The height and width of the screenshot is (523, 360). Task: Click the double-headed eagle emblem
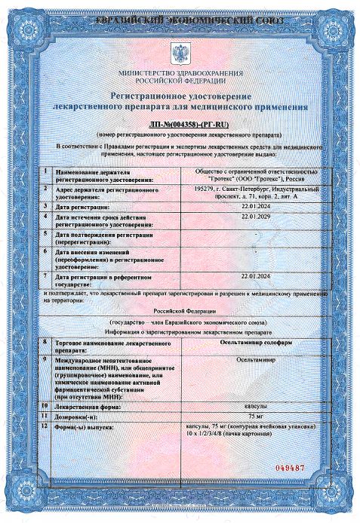coord(180,54)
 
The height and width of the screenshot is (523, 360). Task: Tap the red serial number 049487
coord(289,468)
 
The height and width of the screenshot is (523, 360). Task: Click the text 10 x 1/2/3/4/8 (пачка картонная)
coord(249,437)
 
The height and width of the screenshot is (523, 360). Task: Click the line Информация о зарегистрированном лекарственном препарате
coord(180,331)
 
